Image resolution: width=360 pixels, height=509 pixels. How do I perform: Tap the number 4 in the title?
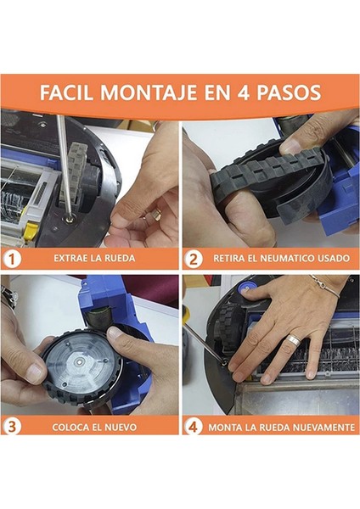244,92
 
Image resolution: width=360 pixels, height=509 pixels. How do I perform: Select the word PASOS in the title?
289,92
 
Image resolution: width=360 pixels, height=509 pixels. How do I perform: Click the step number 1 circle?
12,260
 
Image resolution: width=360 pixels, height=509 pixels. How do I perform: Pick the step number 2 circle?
193,260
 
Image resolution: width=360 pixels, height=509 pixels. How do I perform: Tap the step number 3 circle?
12,426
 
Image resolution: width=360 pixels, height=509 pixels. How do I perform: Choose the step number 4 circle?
193,426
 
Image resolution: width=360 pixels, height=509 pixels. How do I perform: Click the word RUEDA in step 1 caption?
118,259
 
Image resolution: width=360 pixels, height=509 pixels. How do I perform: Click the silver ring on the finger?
292,339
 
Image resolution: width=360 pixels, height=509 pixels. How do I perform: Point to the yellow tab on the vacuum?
31,230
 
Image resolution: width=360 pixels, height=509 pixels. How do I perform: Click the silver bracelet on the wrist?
326,287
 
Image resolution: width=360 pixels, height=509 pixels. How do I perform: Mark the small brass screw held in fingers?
157,215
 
